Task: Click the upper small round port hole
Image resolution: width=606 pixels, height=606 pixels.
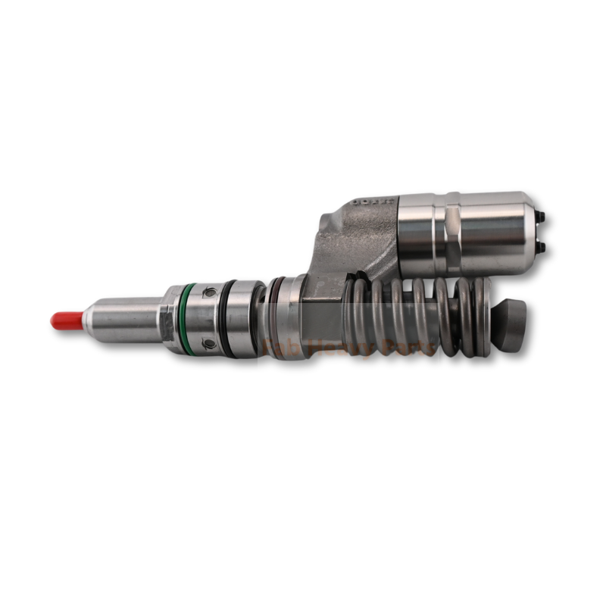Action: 209,292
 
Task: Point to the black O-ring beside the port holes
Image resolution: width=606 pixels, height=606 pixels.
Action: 226,318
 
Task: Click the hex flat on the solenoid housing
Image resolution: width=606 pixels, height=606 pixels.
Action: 450,235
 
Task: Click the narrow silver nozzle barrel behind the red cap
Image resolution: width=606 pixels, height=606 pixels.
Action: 121,320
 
